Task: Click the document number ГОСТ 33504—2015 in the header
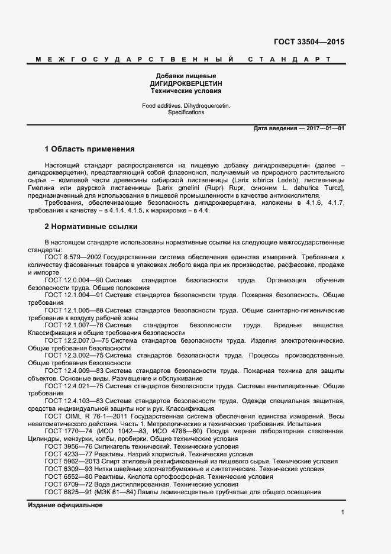point(309,42)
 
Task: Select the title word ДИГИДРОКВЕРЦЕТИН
point(186,84)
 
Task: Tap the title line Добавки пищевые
point(186,76)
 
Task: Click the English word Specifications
point(186,112)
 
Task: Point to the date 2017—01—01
point(325,128)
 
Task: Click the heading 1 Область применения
point(89,149)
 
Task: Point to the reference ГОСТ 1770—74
point(66,431)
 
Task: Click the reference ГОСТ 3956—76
point(66,446)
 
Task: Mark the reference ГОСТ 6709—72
point(66,484)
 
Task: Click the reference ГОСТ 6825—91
point(66,492)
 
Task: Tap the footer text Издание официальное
point(65,505)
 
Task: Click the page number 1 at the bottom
point(342,511)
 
